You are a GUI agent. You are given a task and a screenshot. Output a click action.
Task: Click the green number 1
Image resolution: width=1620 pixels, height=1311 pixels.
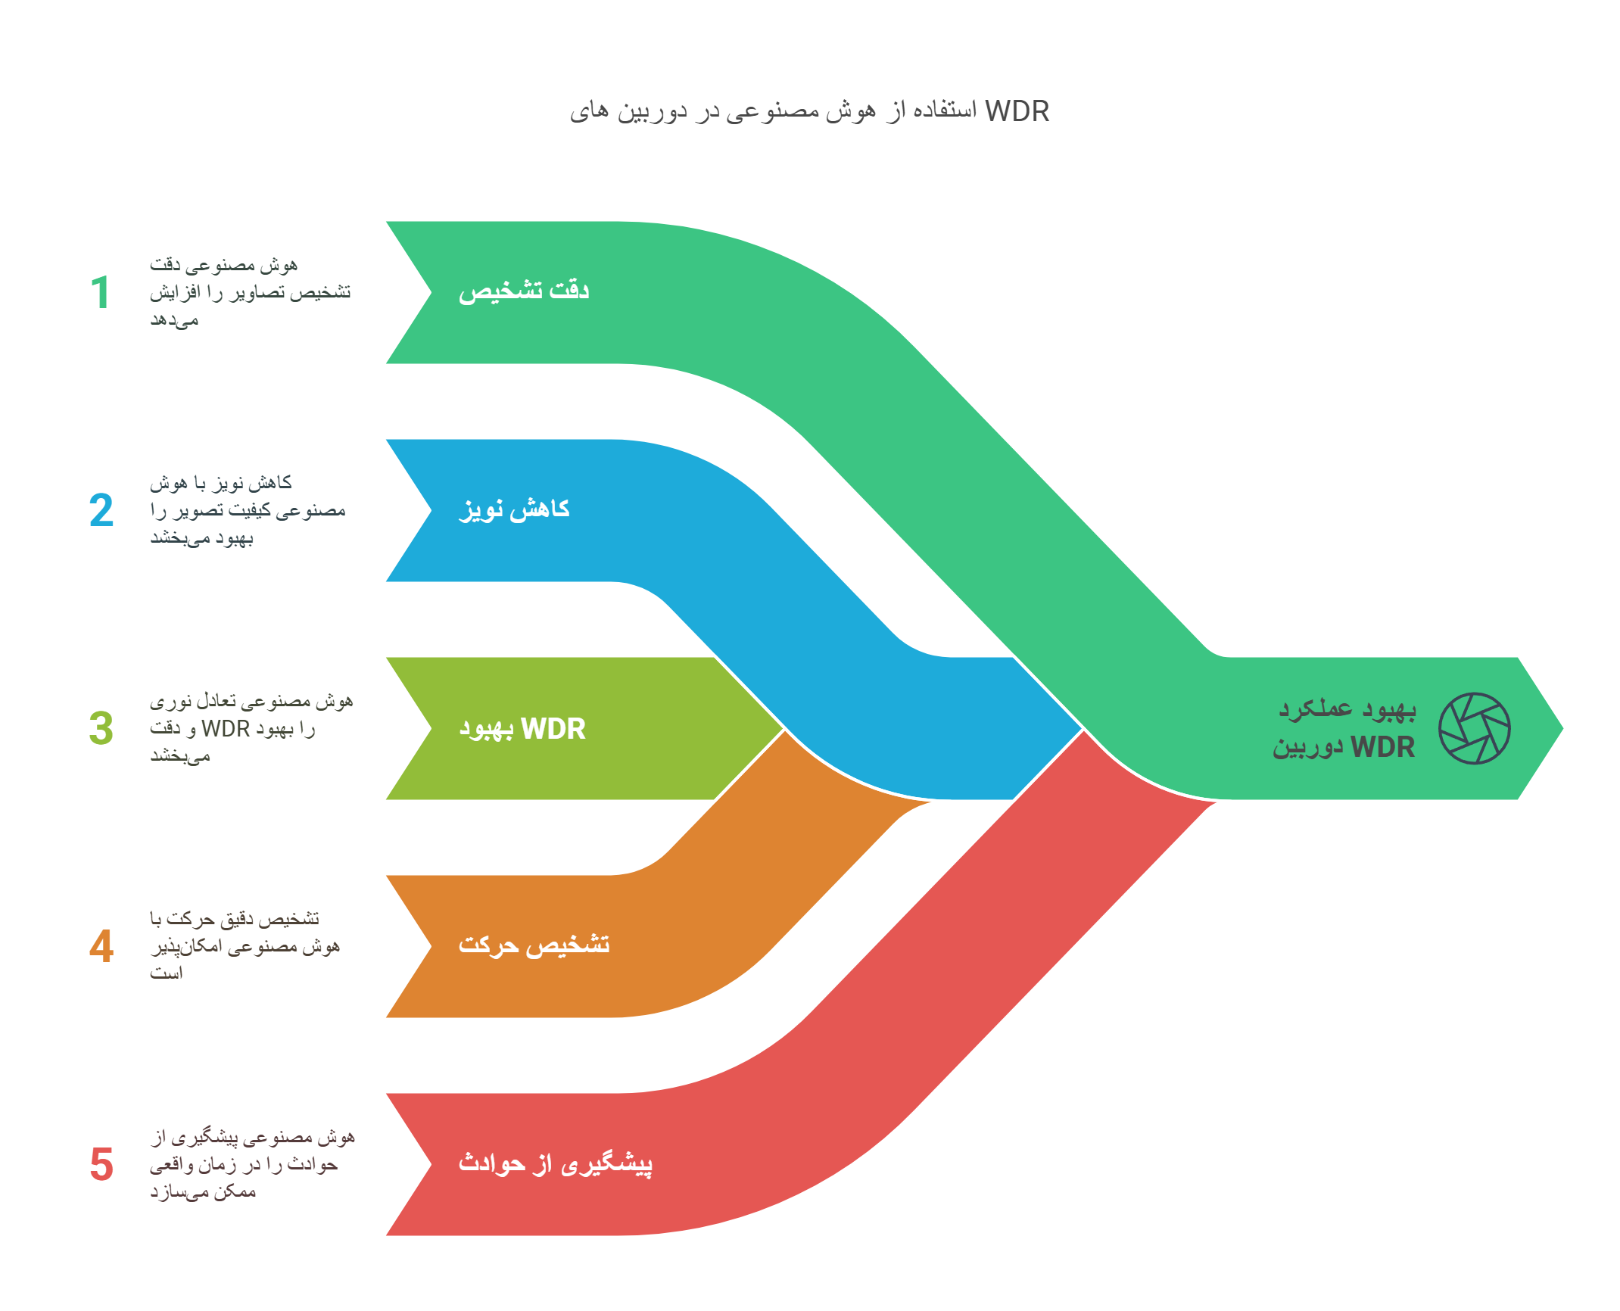click(x=101, y=292)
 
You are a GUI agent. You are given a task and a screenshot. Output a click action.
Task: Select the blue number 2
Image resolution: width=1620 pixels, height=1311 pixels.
click(x=101, y=510)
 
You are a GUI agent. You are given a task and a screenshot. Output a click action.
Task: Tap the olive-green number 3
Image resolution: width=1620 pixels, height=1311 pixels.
click(x=101, y=728)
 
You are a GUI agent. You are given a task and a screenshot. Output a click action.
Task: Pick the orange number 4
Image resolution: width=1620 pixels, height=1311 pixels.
click(x=101, y=946)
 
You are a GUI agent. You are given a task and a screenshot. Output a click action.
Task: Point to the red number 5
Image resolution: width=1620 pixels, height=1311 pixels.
click(x=101, y=1164)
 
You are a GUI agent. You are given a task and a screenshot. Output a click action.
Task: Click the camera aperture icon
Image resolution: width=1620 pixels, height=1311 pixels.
click(x=1474, y=728)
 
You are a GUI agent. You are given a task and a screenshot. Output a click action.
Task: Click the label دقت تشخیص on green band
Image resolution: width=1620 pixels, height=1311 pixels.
click(x=524, y=291)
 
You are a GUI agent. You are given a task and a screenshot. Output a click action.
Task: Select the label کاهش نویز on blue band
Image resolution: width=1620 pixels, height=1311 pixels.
click(x=515, y=509)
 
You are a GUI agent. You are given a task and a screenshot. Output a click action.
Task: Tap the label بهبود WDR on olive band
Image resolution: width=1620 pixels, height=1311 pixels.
click(x=522, y=728)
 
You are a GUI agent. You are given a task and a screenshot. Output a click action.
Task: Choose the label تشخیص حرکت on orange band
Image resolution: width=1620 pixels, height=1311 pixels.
click(x=534, y=945)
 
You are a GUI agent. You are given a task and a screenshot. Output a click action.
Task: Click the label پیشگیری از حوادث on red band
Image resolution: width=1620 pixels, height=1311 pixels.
click(x=555, y=1163)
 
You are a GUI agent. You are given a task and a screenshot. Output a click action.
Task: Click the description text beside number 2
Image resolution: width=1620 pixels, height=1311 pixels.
click(x=247, y=510)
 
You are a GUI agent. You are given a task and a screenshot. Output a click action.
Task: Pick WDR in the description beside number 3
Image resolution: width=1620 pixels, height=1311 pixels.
click(x=226, y=728)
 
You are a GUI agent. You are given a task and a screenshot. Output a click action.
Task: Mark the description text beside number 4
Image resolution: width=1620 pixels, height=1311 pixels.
click(x=244, y=946)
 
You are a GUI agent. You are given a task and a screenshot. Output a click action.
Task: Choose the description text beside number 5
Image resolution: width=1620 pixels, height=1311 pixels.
click(x=251, y=1164)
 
